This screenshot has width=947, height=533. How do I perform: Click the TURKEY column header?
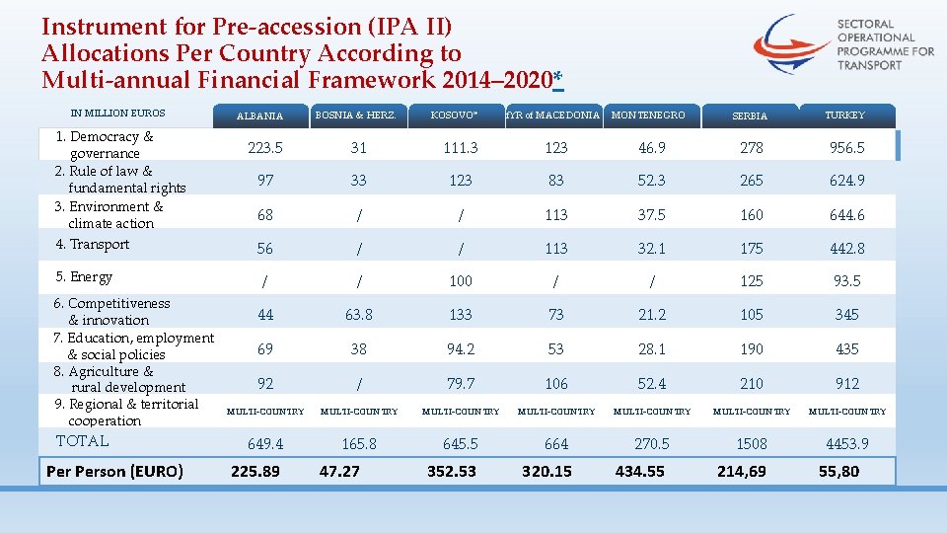click(x=846, y=115)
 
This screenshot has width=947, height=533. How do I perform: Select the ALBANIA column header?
click(x=259, y=116)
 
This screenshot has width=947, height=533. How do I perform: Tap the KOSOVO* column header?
click(x=454, y=115)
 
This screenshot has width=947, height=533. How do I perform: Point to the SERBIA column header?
click(x=750, y=116)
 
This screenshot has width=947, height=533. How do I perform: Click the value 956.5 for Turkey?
click(x=847, y=147)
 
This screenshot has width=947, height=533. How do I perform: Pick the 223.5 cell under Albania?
click(x=264, y=147)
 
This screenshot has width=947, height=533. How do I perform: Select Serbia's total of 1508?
click(x=752, y=444)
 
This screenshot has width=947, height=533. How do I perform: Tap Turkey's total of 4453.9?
click(x=847, y=444)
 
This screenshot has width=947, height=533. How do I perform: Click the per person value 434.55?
click(x=639, y=472)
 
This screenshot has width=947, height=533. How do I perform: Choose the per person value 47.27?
click(x=339, y=472)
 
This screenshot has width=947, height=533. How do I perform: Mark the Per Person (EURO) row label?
click(x=114, y=472)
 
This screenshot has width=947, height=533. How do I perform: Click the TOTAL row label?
click(x=83, y=441)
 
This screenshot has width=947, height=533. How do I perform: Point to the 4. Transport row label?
click(x=93, y=245)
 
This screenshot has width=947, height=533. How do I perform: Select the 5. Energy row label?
click(x=84, y=277)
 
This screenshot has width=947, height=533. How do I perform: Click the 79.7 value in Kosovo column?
click(x=460, y=383)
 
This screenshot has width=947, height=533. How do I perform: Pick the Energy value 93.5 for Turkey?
click(x=846, y=281)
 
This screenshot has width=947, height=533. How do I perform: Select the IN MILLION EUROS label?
click(x=118, y=114)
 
